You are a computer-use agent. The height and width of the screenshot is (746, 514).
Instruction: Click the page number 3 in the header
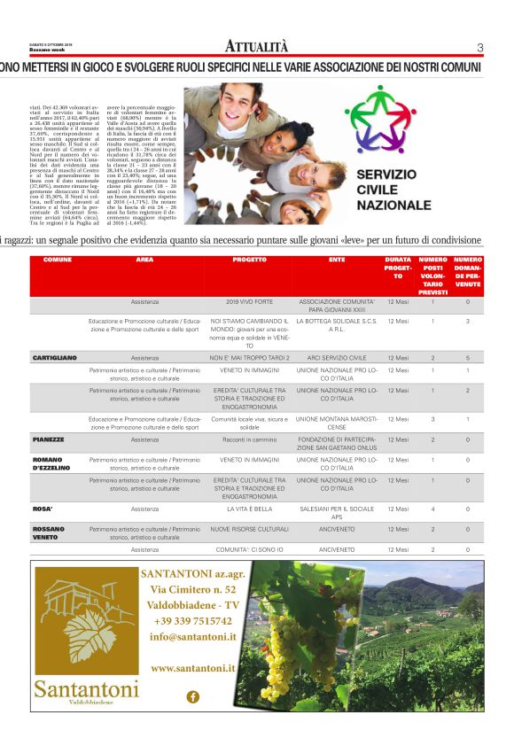pyautogui.click(x=479, y=48)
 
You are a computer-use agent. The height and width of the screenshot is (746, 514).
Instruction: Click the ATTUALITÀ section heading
pyautogui.click(x=256, y=47)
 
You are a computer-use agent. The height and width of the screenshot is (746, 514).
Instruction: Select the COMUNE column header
pyautogui.click(x=58, y=260)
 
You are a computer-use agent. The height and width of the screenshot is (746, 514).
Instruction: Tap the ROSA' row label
pyautogui.click(x=43, y=509)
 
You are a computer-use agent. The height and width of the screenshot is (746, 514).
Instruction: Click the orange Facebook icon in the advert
pyautogui.click(x=192, y=696)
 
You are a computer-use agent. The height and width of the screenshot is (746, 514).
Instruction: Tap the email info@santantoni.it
pyautogui.click(x=192, y=636)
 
